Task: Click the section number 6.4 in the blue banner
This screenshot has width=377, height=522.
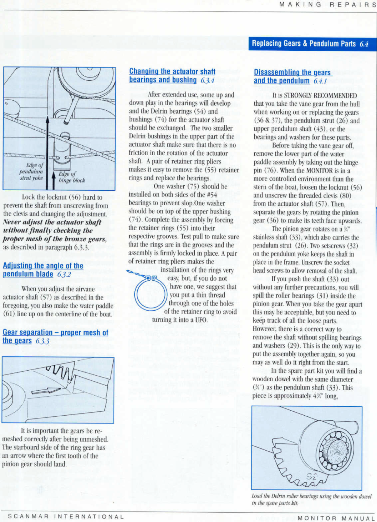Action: [364, 44]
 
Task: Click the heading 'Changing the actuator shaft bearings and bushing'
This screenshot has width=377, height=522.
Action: [172, 76]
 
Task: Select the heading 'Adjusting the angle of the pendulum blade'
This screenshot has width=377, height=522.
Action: [43, 270]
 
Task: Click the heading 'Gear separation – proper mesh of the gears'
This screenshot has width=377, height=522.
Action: [55, 336]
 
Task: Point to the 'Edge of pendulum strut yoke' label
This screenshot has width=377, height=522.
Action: [31, 171]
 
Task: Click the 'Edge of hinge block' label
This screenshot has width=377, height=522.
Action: [71, 177]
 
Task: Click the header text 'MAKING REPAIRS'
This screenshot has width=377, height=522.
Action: [327, 5]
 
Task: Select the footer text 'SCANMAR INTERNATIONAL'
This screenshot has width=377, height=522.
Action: [66, 516]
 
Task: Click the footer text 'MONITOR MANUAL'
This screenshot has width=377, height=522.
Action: [336, 518]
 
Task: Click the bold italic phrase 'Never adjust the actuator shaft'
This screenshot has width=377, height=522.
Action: [52, 222]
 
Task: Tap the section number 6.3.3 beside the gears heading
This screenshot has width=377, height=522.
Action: [42, 341]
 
